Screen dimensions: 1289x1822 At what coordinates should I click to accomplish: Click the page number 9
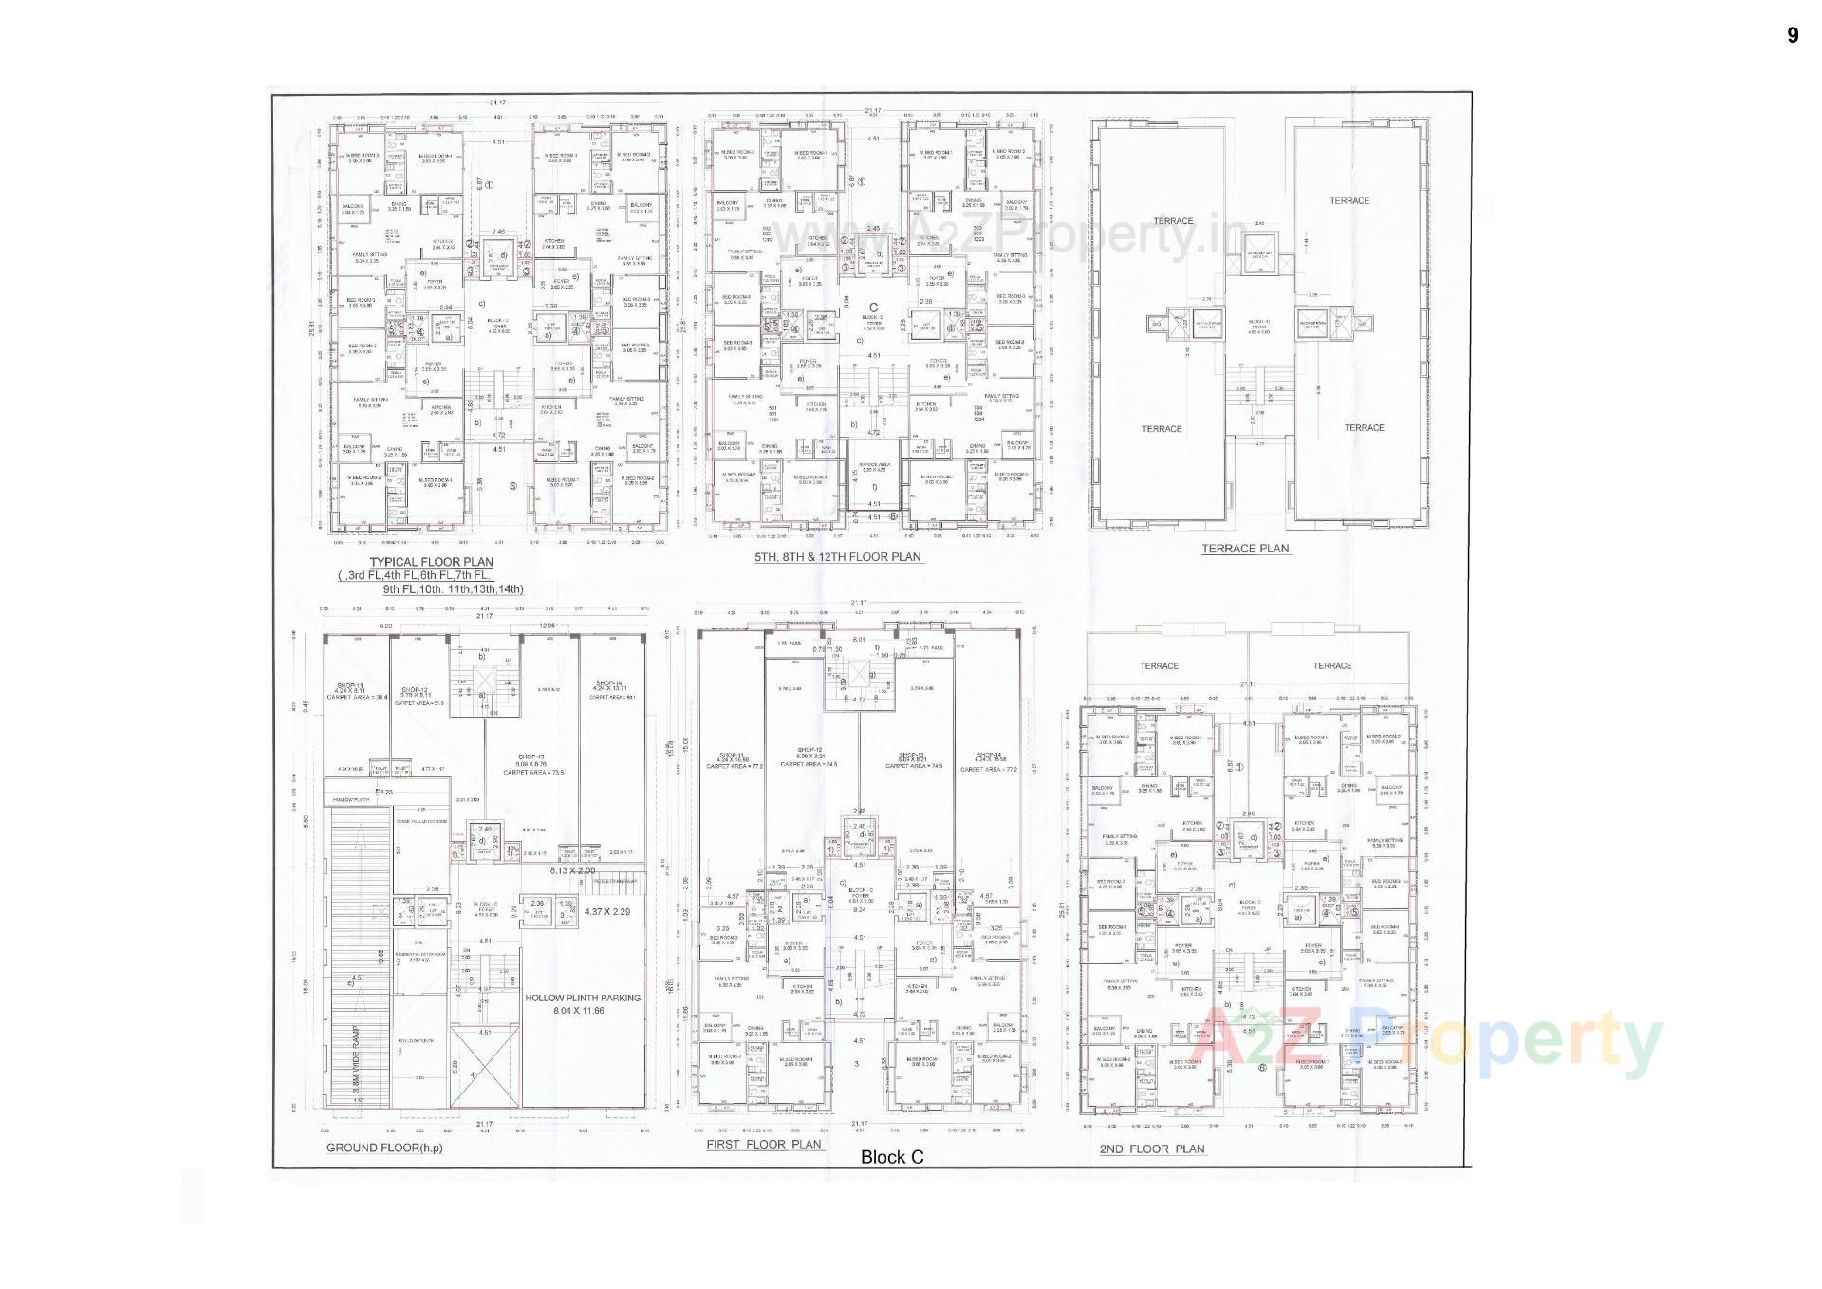1792,36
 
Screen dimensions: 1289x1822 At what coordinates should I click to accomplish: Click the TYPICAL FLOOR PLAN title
431,562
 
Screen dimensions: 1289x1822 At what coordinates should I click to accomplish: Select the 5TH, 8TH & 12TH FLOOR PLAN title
837,557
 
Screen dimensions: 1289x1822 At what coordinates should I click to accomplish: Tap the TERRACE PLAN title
1245,549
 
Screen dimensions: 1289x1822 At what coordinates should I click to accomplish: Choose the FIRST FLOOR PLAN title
763,1145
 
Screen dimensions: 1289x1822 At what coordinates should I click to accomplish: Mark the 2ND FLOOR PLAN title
1151,1149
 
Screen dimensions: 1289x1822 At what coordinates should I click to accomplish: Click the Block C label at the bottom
891,1157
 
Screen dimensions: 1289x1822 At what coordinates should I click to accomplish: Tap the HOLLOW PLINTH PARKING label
583,998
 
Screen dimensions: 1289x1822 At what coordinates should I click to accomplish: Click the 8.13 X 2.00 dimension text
572,870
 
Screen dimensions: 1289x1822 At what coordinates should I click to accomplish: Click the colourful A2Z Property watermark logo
1432,1042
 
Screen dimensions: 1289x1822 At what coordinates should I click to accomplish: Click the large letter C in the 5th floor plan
873,307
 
